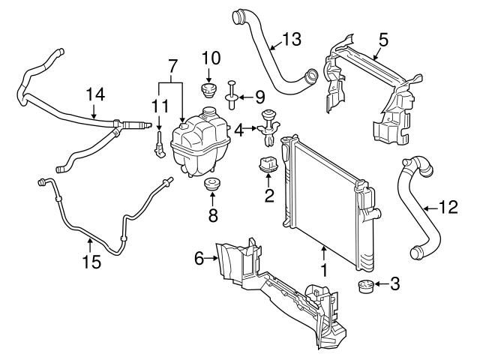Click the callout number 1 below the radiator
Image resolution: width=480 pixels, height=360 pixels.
coord(325,268)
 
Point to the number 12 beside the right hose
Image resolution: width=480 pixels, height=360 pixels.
coord(447,208)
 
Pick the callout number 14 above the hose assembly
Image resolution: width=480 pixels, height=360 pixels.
coord(94,95)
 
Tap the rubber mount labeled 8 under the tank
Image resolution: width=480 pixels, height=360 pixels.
coord(212,185)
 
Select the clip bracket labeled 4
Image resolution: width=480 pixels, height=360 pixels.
coord(268,130)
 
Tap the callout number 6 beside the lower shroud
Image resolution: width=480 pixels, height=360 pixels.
coord(199,258)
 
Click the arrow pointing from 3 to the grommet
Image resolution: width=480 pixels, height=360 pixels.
coord(379,283)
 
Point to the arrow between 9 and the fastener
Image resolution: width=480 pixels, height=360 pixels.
coord(244,96)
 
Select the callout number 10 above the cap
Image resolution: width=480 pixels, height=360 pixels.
coord(211,58)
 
